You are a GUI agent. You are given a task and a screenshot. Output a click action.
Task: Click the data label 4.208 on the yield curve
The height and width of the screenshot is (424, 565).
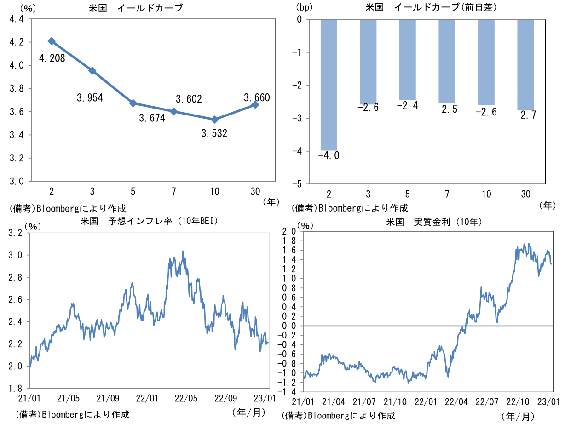52,58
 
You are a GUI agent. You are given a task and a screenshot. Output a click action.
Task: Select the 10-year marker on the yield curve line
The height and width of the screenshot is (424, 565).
214,120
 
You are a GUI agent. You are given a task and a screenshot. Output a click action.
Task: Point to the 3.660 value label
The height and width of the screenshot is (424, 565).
257,97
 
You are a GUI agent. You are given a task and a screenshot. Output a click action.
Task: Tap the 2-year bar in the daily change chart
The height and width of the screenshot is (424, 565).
329,85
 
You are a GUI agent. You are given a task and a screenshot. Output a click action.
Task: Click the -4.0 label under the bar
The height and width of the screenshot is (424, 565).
329,156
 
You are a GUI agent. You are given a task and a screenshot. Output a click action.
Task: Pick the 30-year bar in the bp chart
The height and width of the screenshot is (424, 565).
526,65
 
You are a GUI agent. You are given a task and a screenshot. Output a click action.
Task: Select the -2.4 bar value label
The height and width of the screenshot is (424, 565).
408,106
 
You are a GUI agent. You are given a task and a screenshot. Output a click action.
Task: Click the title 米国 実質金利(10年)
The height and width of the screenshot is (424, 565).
434,222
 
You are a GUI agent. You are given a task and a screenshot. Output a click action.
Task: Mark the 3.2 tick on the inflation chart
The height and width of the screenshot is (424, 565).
16,233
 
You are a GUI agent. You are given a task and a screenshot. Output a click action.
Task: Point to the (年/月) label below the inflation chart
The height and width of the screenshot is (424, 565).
249,412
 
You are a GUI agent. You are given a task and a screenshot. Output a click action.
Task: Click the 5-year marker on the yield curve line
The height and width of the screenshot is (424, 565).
133,103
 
